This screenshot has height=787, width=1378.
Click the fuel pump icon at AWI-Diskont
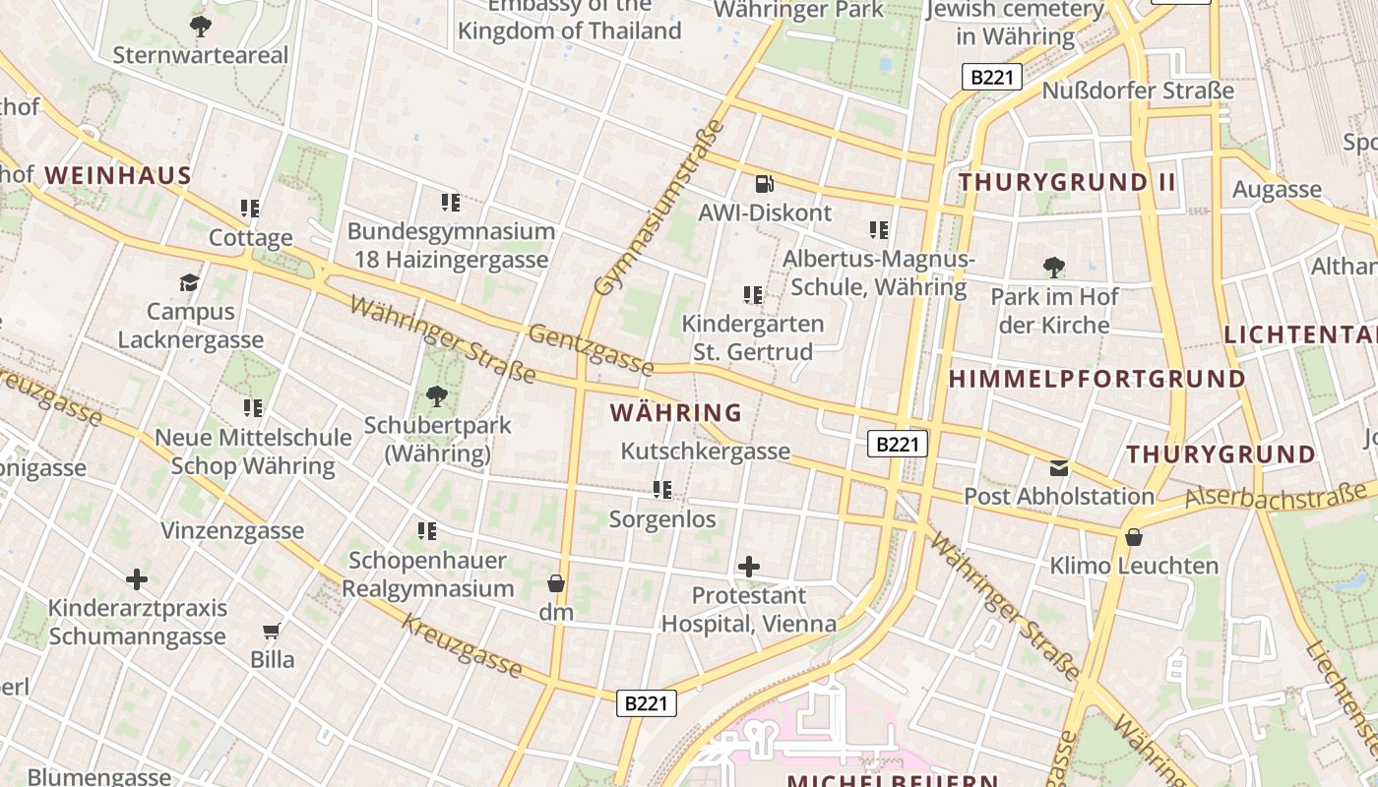pyautogui.click(x=765, y=184)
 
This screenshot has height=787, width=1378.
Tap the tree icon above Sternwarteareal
pyautogui.click(x=201, y=26)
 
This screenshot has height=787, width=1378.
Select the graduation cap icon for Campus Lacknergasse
pyautogui.click(x=189, y=283)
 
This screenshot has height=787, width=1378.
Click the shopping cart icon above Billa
pyautogui.click(x=272, y=631)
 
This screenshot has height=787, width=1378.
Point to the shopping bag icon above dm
pyautogui.click(x=556, y=583)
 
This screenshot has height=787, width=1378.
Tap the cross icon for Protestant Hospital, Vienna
pyautogui.click(x=749, y=567)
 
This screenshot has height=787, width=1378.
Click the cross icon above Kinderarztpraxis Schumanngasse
pyautogui.click(x=137, y=578)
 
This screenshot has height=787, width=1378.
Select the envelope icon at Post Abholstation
pyautogui.click(x=1059, y=467)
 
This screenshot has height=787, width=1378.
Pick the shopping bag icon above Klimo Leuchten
pyautogui.click(x=1134, y=537)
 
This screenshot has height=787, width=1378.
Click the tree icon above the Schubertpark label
pyautogui.click(x=436, y=396)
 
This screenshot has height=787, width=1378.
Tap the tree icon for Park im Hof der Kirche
pyautogui.click(x=1054, y=267)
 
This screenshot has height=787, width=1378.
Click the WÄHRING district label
pyautogui.click(x=676, y=412)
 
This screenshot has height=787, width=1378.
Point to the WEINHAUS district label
pyautogui.click(x=117, y=176)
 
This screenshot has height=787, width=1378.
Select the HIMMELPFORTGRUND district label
pyautogui.click(x=1097, y=379)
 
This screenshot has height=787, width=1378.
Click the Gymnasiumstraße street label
pyautogui.click(x=660, y=208)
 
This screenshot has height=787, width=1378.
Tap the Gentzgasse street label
pyautogui.click(x=591, y=350)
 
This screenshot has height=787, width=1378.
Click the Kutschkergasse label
pyautogui.click(x=705, y=452)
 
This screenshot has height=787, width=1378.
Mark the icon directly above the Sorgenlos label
pyautogui.click(x=662, y=489)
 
